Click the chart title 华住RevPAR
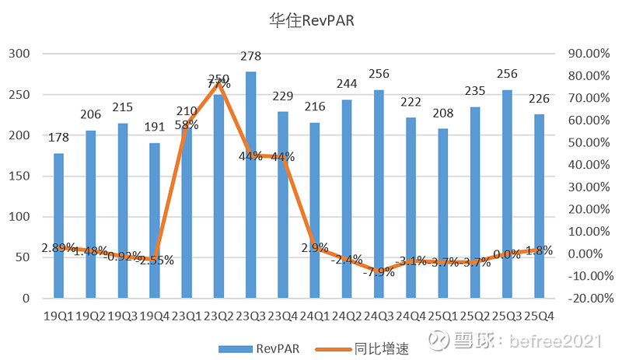(312, 21)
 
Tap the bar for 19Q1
(59, 225)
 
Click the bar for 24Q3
(379, 194)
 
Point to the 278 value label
(251, 57)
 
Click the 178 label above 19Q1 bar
(59, 138)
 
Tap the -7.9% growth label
(379, 271)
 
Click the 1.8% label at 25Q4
(538, 250)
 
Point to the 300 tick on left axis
(19, 54)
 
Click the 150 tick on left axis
(19, 176)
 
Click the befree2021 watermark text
(561, 341)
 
